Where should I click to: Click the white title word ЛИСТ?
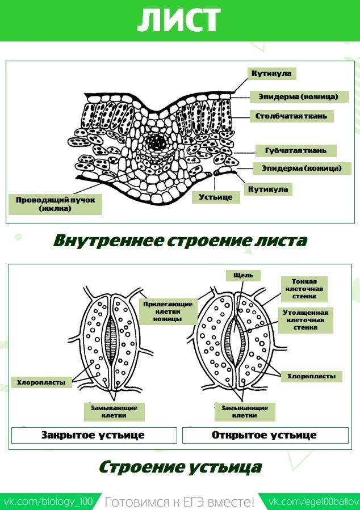pos(178,20)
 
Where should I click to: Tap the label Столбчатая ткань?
pos(291,116)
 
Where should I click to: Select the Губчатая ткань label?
pos(295,151)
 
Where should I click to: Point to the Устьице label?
pos(216,197)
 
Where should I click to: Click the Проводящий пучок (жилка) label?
pos(55,204)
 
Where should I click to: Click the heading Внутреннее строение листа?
pos(180,240)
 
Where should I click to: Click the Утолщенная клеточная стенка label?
pos(305,320)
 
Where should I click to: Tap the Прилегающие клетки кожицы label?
pos(168,311)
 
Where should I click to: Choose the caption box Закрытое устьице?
pos(93,436)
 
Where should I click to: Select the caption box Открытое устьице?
pos(265,436)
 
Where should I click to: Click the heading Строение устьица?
pos(180,467)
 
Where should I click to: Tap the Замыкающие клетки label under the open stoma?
pos(245,411)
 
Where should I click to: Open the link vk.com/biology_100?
pos(48,502)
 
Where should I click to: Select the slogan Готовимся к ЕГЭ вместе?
pos(180,502)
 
